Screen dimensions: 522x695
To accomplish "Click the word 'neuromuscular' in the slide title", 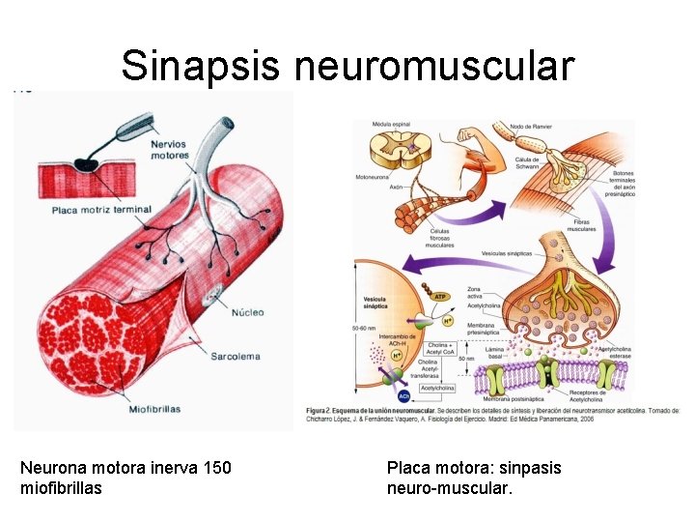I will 433,66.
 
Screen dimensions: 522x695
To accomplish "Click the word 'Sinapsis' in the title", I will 201,66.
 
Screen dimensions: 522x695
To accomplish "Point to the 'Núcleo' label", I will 247,312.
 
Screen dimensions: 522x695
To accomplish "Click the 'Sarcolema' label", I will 236,357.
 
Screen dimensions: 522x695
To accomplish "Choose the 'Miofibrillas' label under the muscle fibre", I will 154,409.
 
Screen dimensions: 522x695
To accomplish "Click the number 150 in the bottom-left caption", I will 217,468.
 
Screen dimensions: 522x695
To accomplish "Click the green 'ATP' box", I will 440,296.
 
